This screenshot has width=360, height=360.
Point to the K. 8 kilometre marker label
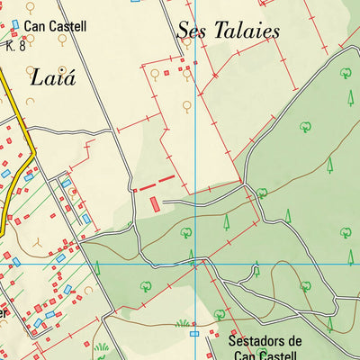click(x=15, y=45)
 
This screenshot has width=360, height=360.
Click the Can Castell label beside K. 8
click(x=56, y=27)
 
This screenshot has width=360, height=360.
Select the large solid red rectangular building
click(x=156, y=203)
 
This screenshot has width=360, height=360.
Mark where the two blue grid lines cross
click(x=196, y=265)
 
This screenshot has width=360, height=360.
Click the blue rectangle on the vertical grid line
click(x=194, y=333)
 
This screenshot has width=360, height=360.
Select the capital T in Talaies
click(x=212, y=30)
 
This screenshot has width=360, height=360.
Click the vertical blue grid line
click(x=196, y=135)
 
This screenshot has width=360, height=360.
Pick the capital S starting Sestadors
click(x=233, y=342)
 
